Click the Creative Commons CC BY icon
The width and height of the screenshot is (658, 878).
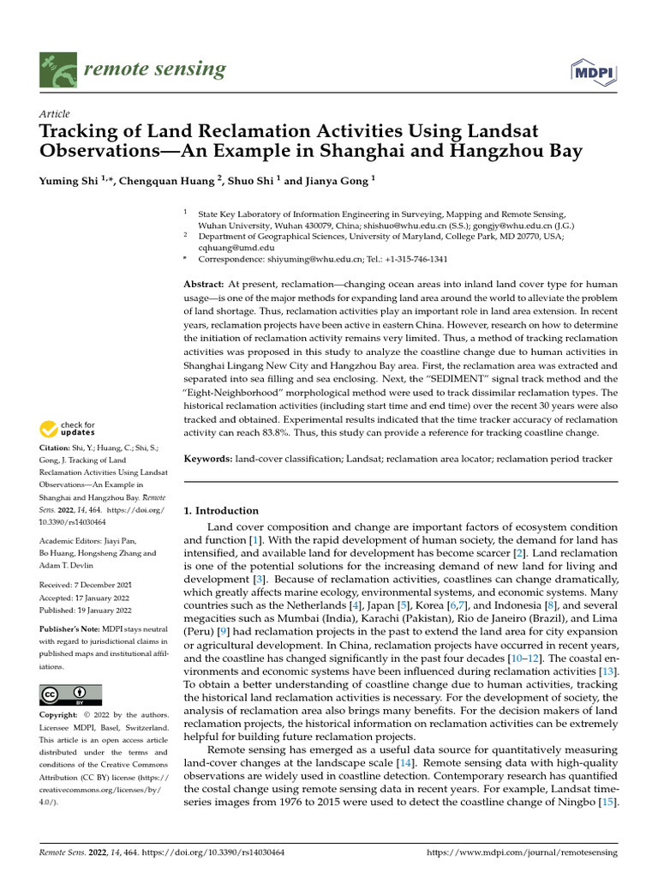tap(70, 695)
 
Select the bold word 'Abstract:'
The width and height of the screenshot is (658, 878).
tap(205, 284)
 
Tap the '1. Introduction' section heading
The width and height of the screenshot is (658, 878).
tap(222, 511)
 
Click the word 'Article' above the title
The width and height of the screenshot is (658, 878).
tap(55, 114)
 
